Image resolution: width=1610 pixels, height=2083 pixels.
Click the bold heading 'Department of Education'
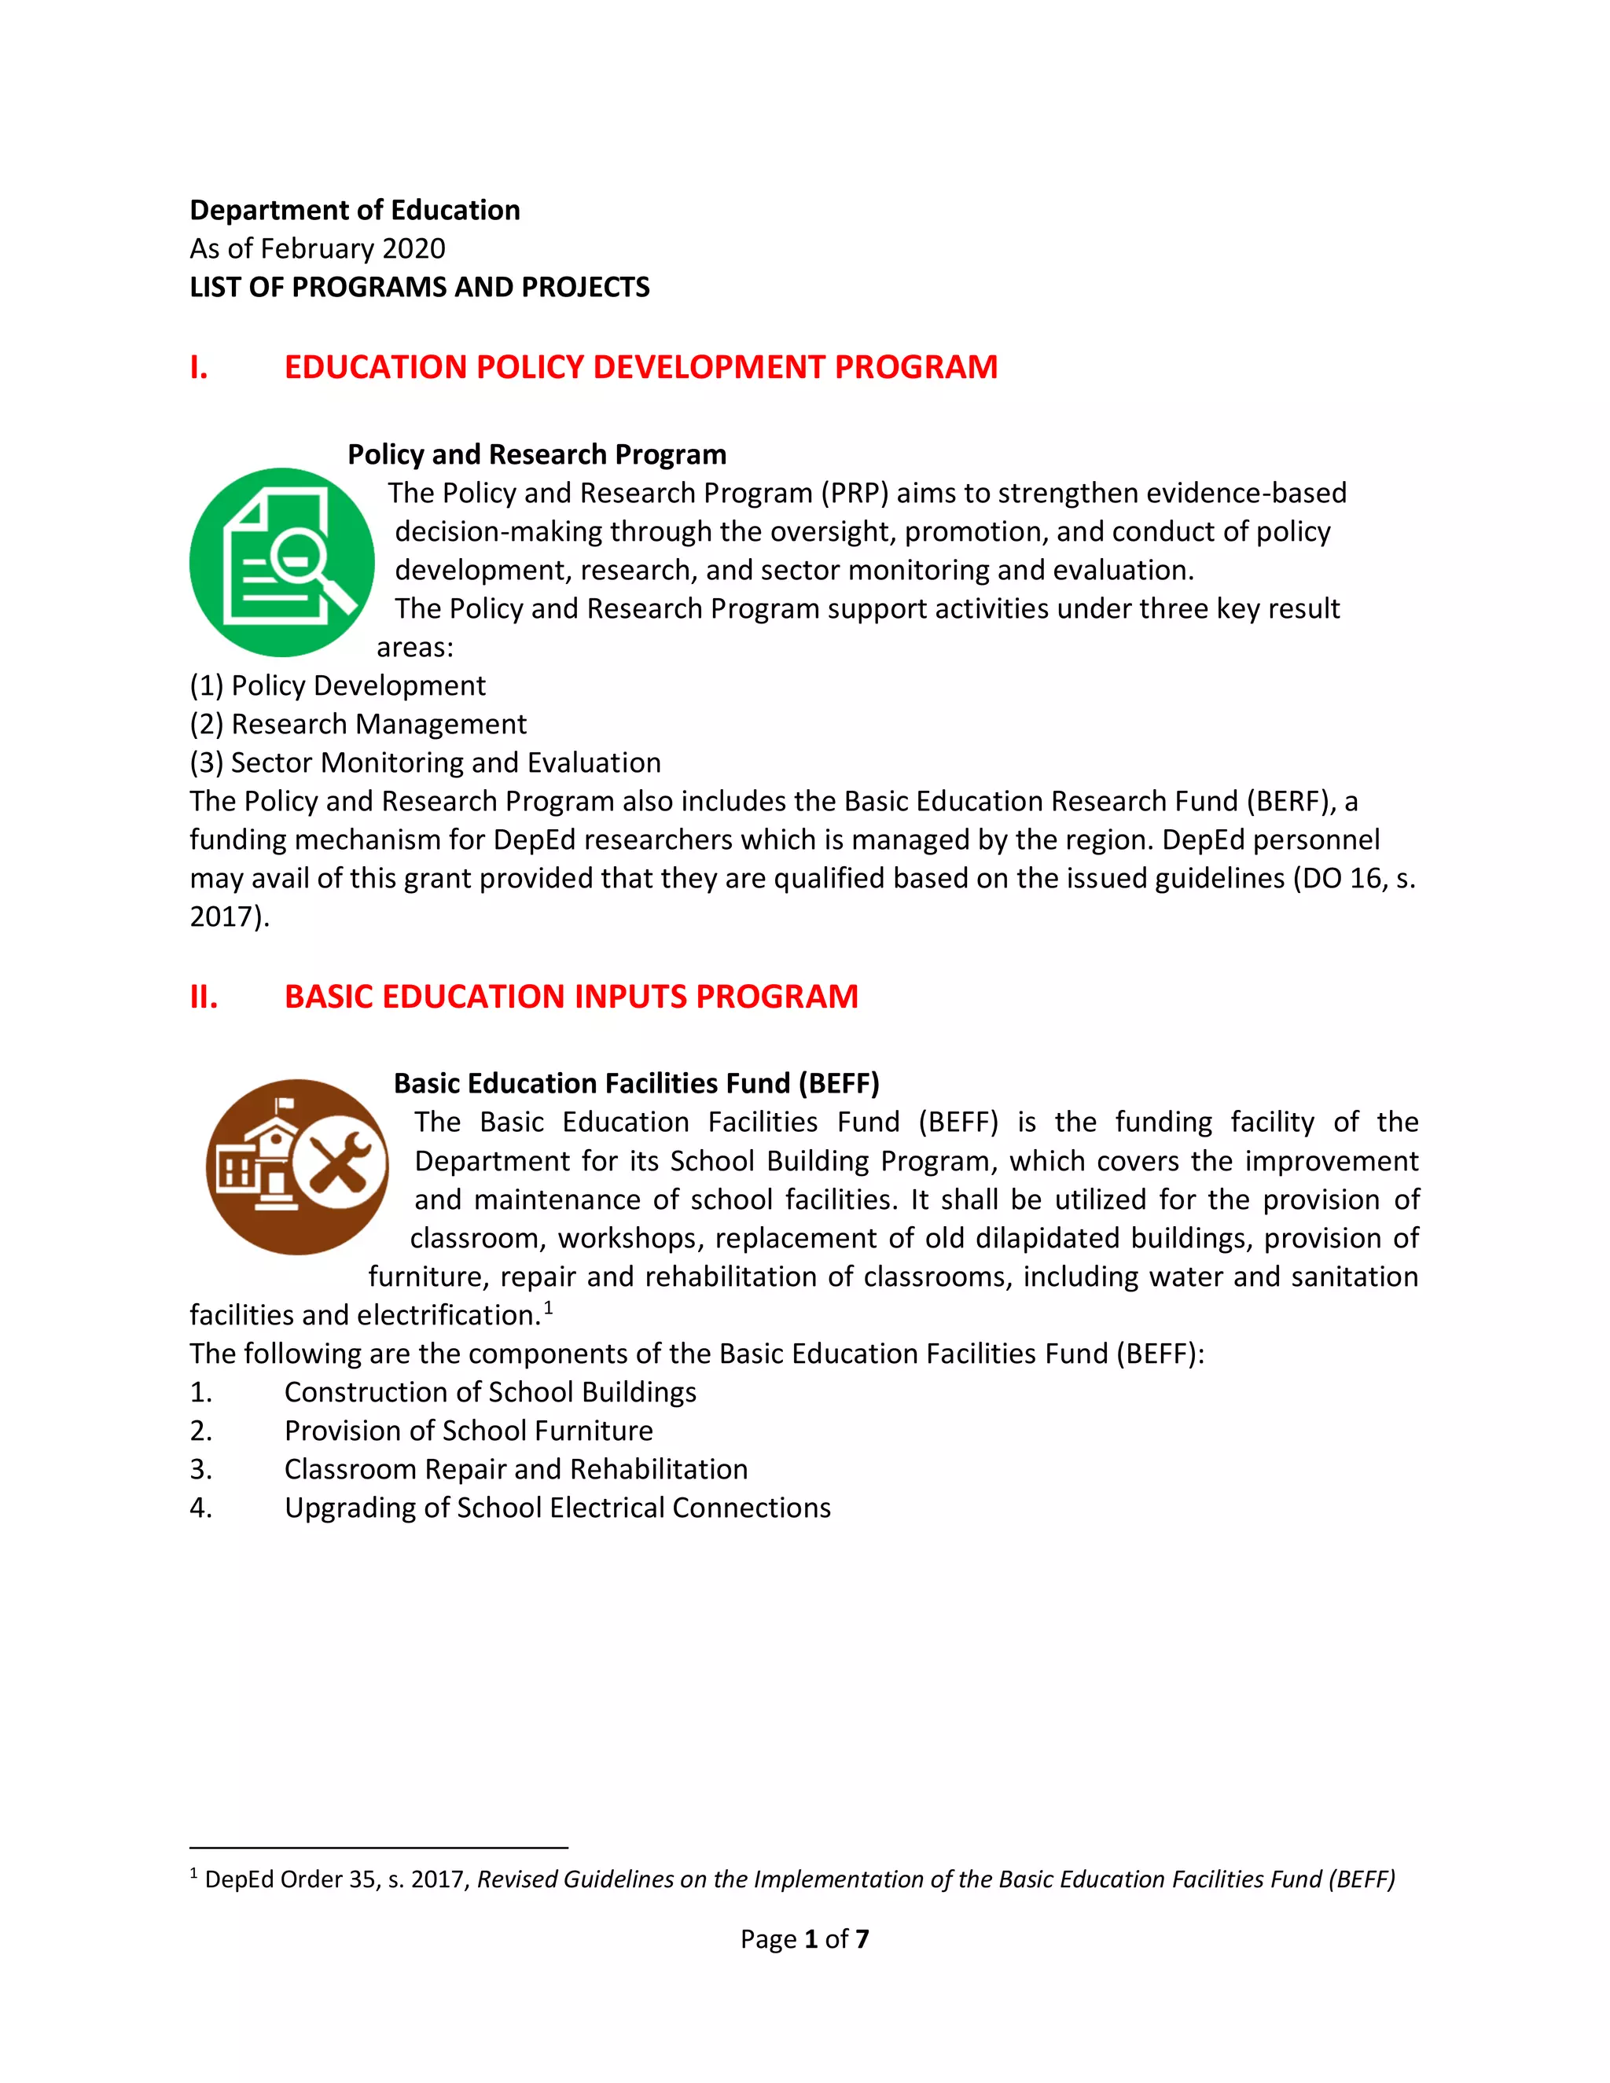355,210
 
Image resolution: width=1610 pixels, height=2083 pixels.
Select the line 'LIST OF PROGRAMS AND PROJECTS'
420,287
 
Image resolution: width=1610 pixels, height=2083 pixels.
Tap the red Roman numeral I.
198,367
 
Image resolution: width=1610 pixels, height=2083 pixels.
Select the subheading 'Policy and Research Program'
536,455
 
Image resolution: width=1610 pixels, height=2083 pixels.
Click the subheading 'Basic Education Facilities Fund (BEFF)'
636,1083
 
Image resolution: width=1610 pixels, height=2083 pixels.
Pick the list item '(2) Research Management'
358,725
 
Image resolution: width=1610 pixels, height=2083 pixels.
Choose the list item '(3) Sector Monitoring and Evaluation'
425,763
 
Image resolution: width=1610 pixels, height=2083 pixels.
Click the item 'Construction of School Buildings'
491,1393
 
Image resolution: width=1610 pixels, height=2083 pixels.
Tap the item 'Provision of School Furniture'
469,1431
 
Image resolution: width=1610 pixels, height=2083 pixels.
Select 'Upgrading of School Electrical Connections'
557,1508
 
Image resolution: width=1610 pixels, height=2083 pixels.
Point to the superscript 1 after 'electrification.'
549,1309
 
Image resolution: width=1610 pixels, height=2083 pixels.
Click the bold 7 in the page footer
862,1939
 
